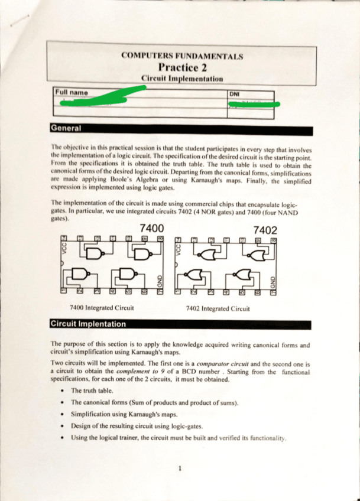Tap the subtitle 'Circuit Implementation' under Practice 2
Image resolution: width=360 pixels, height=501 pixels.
pyautogui.click(x=182, y=78)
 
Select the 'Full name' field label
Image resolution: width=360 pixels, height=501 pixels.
pyautogui.click(x=67, y=93)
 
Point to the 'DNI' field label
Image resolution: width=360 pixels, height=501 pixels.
pyautogui.click(x=232, y=93)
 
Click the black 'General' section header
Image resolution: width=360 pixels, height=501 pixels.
pyautogui.click(x=66, y=128)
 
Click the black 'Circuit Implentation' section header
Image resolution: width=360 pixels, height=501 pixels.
pyautogui.click(x=88, y=324)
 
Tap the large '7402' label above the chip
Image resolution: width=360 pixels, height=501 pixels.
pyautogui.click(x=264, y=230)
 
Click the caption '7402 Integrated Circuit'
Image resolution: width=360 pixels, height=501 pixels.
pyautogui.click(x=217, y=308)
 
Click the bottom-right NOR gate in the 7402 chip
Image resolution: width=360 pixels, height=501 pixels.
pyautogui.click(x=242, y=275)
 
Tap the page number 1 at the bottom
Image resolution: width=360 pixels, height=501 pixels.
pyautogui.click(x=178, y=469)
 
